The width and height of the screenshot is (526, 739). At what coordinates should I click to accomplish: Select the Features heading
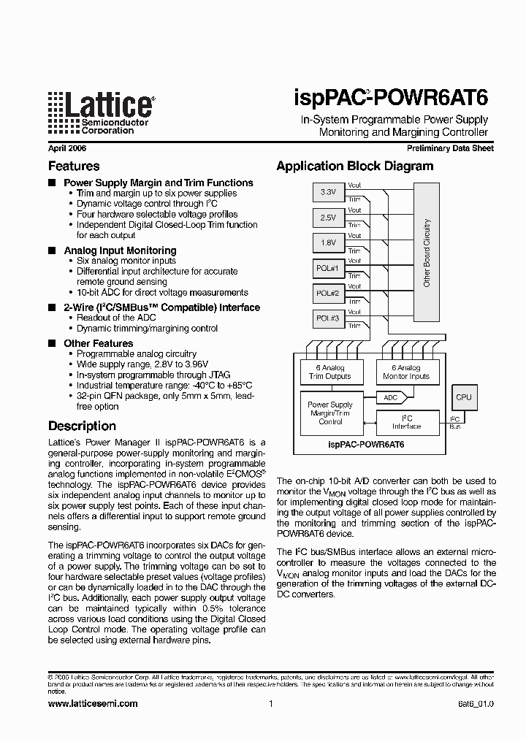coord(74,166)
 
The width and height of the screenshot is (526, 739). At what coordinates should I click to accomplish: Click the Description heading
coord(82,426)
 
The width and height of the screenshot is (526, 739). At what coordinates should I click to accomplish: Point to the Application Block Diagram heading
coord(354,166)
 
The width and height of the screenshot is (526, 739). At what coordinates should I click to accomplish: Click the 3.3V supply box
coord(328,192)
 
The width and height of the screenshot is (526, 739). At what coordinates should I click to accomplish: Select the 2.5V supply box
coord(328,218)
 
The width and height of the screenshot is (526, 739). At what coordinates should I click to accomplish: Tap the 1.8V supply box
coord(328,242)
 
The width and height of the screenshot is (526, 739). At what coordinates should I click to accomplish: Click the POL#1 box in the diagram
coord(328,268)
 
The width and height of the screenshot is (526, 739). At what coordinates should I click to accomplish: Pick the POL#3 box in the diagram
coord(328,318)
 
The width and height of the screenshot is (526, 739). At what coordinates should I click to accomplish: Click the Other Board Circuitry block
coord(426,253)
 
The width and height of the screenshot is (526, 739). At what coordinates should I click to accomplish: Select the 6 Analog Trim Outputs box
coord(329,372)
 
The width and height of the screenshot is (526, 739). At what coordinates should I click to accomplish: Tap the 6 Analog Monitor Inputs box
coord(406,372)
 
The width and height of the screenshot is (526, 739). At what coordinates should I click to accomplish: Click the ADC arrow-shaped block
coord(392,398)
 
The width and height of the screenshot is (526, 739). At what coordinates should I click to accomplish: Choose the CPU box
coord(464,398)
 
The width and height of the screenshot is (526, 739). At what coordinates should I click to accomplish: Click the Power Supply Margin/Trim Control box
coord(330,413)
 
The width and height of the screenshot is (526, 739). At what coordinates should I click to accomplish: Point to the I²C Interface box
coord(406,422)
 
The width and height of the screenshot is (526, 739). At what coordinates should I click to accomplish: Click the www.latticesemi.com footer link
coord(92,704)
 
